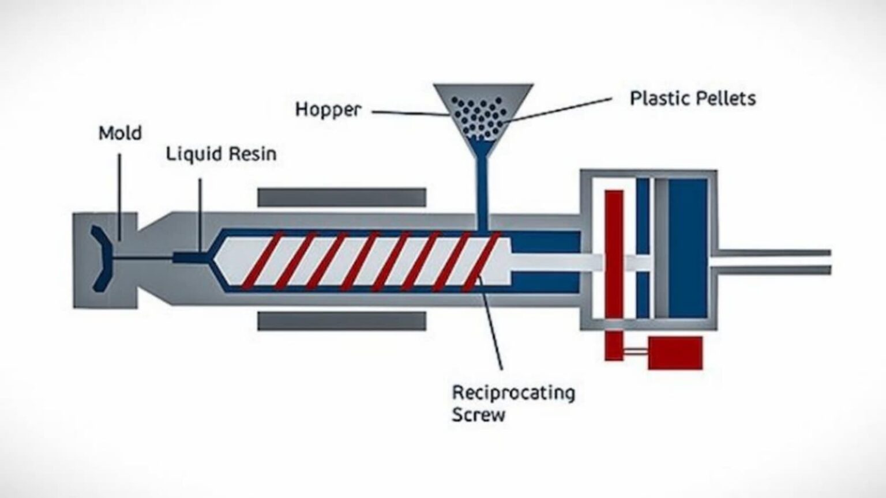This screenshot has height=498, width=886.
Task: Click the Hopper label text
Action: point(328,110)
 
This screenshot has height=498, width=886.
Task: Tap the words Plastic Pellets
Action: point(692,99)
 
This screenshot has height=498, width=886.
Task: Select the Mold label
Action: point(120,133)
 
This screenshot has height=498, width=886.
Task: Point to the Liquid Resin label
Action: point(221,154)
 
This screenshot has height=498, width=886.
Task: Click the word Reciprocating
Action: point(513,393)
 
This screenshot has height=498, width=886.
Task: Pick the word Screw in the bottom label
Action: point(478,414)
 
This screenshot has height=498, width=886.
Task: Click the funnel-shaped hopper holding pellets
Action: point(483,110)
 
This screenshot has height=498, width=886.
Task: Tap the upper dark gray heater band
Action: point(341,197)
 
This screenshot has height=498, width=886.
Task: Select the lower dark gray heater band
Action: point(341,321)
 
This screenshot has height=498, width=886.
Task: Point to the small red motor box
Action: point(675,353)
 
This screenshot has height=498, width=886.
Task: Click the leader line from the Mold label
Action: point(120,196)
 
